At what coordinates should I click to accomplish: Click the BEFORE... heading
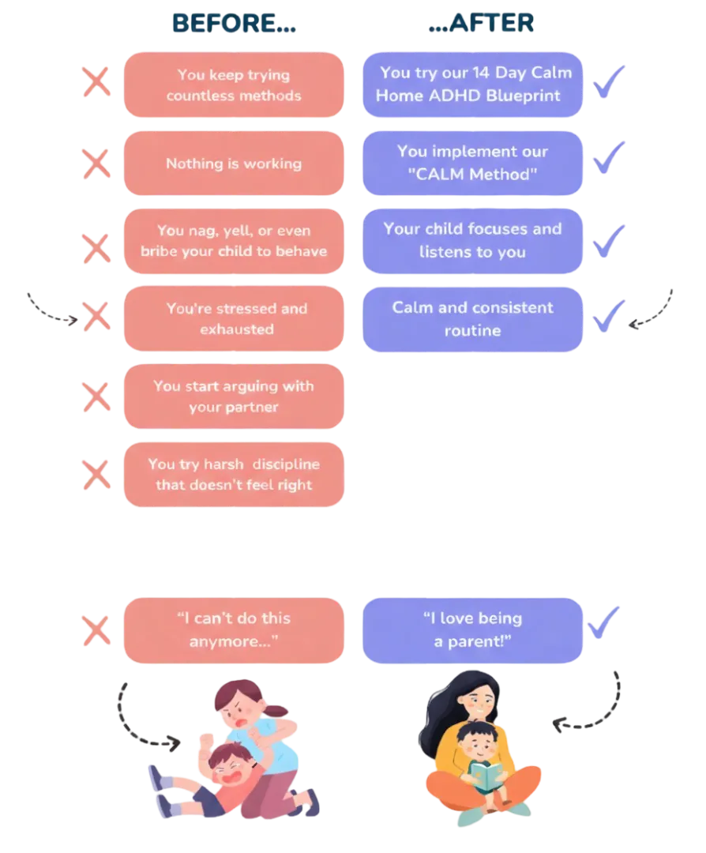[234, 24]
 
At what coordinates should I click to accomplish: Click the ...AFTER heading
[479, 24]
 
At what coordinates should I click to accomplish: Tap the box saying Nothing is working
[234, 163]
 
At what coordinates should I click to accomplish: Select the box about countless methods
[234, 85]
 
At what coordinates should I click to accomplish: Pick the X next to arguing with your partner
[97, 396]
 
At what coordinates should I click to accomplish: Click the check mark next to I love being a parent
[604, 622]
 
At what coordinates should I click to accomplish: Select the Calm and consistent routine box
[472, 318]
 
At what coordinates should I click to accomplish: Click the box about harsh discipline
[234, 474]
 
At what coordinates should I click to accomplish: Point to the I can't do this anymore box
[234, 629]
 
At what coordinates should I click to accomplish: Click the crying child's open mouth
[235, 775]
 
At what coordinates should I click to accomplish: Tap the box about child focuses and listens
[472, 241]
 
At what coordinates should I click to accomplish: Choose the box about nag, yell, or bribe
[234, 241]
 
